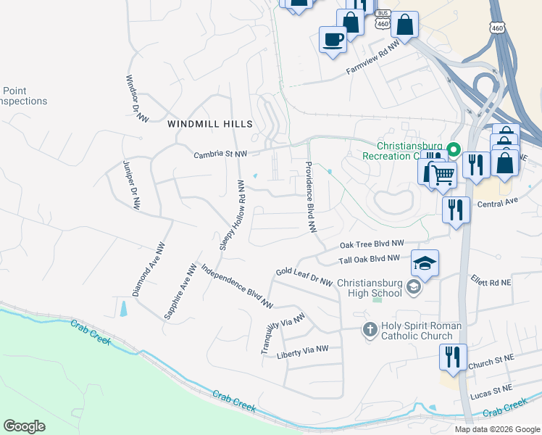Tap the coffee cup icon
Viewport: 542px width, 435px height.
tap(333, 39)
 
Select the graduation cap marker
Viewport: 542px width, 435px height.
tap(425, 262)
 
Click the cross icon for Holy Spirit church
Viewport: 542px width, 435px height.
tap(370, 331)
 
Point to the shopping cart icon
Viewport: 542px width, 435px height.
tap(443, 173)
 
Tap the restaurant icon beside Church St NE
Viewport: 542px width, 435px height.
tap(453, 357)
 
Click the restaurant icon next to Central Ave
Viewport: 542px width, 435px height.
tap(456, 210)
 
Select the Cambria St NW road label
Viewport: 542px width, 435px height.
tap(220, 154)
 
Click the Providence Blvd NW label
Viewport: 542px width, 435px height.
tap(310, 196)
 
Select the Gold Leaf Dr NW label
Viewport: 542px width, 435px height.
tap(304, 276)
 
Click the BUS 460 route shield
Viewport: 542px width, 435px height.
tap(382, 20)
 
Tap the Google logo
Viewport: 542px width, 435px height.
tap(24, 426)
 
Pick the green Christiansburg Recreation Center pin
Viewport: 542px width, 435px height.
tap(454, 151)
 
